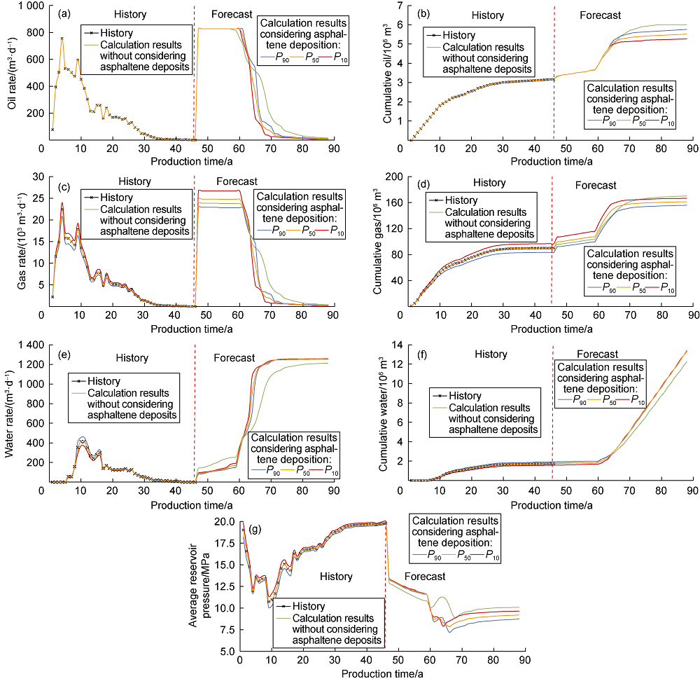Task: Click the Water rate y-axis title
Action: point(10,413)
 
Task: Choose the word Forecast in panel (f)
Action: point(596,355)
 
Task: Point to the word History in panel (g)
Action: point(336,576)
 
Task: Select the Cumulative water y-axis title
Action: point(387,413)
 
